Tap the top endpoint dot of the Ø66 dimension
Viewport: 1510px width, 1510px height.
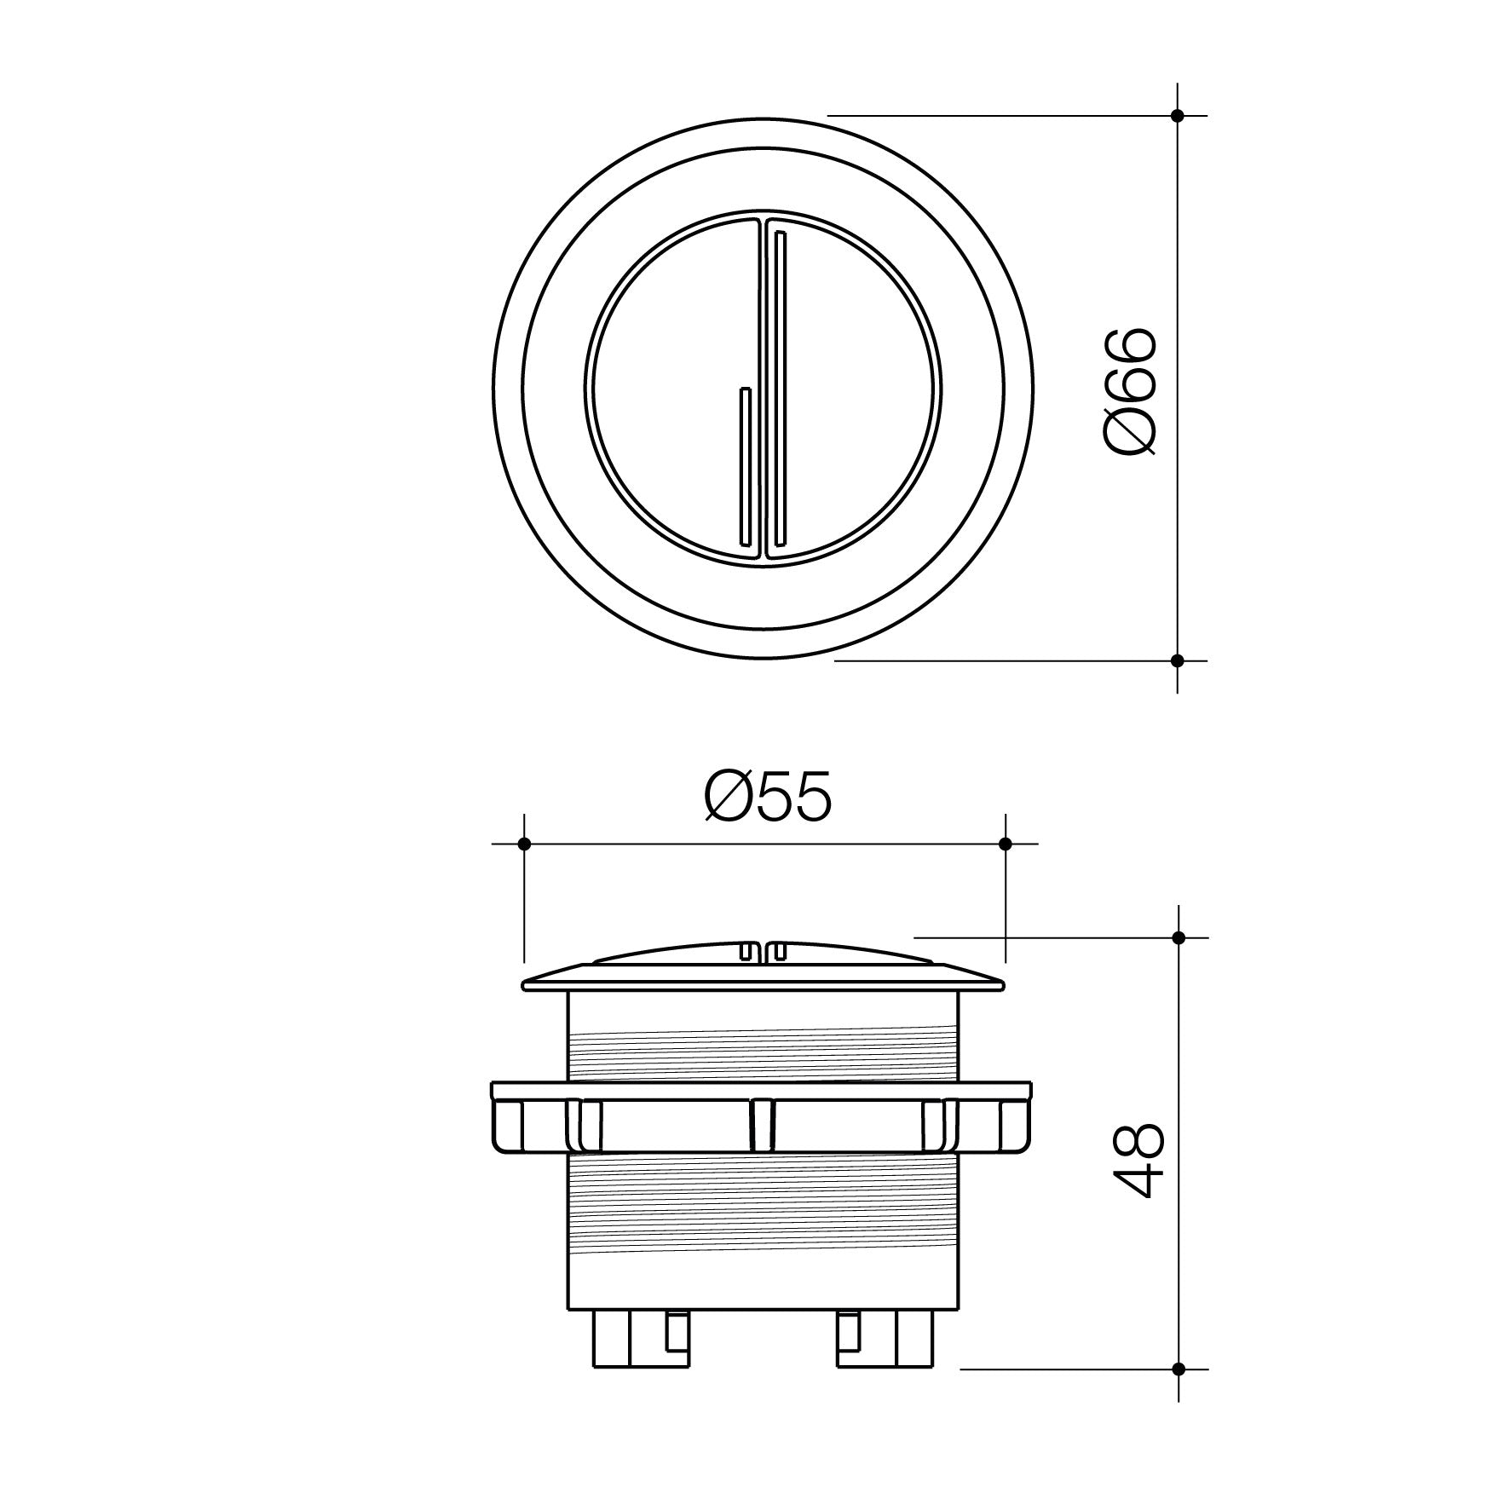pyautogui.click(x=1178, y=115)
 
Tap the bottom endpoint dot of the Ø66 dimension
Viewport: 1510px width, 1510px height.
pyautogui.click(x=1178, y=660)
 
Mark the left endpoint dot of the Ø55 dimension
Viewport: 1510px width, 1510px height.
pyautogui.click(x=525, y=844)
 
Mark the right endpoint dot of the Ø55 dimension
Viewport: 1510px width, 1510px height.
pyautogui.click(x=1005, y=844)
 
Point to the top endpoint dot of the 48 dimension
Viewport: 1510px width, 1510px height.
pyautogui.click(x=1179, y=937)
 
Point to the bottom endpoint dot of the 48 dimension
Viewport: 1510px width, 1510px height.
pyautogui.click(x=1179, y=1393)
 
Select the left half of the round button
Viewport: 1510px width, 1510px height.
pyautogui.click(x=665, y=392)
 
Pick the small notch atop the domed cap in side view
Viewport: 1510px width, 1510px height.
pyautogui.click(x=764, y=950)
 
